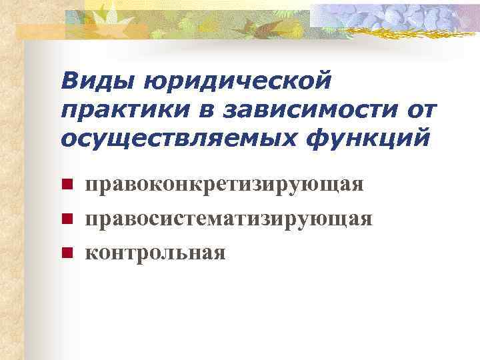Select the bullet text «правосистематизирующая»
(229, 218)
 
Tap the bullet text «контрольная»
(155, 252)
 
